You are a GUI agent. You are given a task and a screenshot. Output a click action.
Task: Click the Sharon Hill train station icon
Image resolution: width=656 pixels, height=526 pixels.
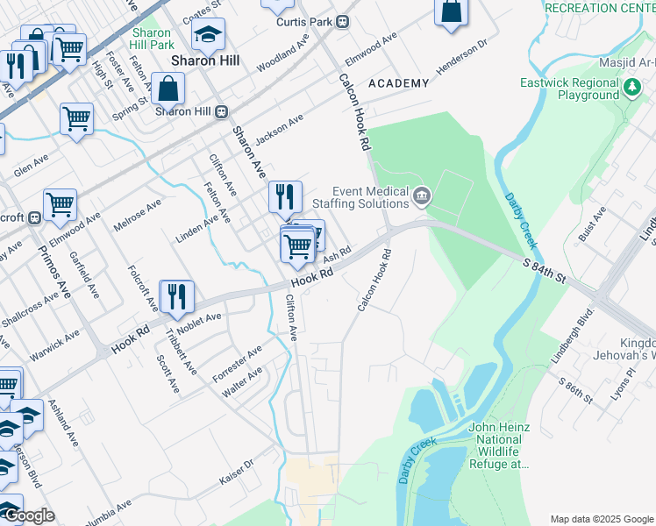pyautogui.click(x=223, y=111)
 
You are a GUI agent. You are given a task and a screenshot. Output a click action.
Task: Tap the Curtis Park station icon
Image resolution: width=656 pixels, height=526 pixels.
pyautogui.click(x=343, y=21)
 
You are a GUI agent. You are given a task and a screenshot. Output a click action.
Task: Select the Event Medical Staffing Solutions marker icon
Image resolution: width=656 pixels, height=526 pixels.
pyautogui.click(x=422, y=195)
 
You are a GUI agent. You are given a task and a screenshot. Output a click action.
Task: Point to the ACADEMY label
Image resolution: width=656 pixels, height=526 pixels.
pyautogui.click(x=399, y=83)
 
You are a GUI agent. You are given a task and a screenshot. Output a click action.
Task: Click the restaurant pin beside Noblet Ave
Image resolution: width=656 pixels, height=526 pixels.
pyautogui.click(x=177, y=297)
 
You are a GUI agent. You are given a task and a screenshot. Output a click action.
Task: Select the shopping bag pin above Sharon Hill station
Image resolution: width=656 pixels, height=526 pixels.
pyautogui.click(x=168, y=89)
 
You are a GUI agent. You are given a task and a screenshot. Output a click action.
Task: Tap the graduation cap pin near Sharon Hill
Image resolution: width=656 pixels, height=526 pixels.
pyautogui.click(x=208, y=35)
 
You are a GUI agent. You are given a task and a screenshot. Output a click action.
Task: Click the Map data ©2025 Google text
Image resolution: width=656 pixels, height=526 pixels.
pyautogui.click(x=602, y=518)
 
